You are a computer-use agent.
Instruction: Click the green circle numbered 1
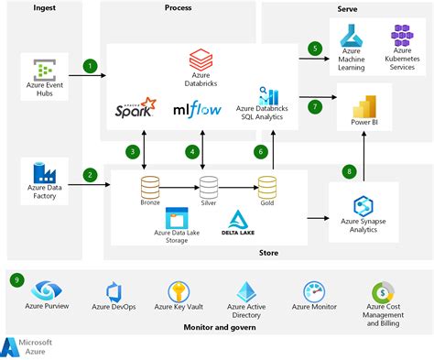tap(90, 66)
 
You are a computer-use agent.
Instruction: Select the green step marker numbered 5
tap(315, 49)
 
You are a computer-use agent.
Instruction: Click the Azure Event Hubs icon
tap(43, 69)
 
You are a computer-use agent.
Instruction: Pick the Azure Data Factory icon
tap(43, 171)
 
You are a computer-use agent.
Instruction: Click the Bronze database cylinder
tap(150, 188)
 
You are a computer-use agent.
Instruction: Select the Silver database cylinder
tap(209, 188)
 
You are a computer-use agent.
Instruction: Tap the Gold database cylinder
tap(267, 188)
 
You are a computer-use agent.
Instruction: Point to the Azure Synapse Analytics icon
tap(364, 204)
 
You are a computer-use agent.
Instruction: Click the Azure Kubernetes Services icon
tap(402, 36)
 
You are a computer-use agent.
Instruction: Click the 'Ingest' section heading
tap(45, 8)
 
